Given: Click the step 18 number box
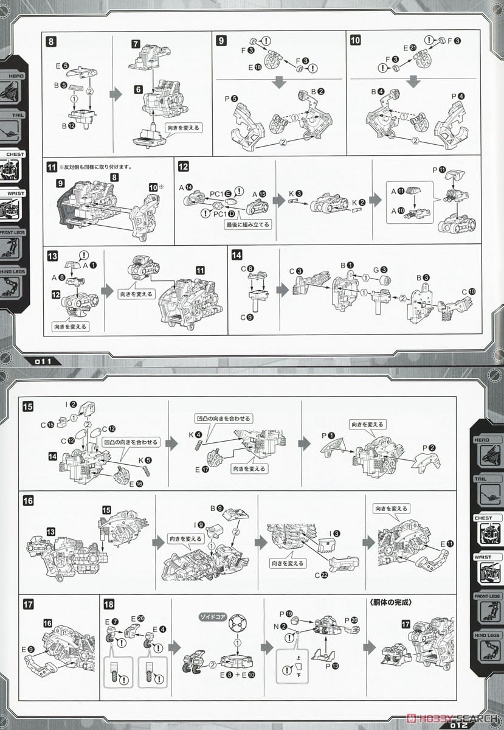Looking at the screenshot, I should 109,604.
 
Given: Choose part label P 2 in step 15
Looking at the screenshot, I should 431,448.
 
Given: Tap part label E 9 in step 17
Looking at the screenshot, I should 30,650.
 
